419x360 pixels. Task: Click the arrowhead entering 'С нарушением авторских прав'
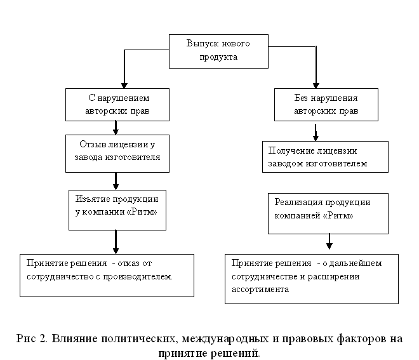[x=124, y=86]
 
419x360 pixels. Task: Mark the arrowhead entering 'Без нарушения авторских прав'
[x=316, y=86]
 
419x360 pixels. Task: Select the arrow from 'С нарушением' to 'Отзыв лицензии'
[x=116, y=128]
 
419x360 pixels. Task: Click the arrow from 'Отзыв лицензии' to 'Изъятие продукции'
[x=116, y=181]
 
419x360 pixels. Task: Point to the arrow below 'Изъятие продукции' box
[x=116, y=242]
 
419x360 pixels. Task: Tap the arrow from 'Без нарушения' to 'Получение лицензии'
[x=316, y=132]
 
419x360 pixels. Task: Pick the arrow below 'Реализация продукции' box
[x=329, y=242]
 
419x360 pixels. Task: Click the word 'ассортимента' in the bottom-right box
[x=260, y=290]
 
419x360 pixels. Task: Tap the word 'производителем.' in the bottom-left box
[x=138, y=277]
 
